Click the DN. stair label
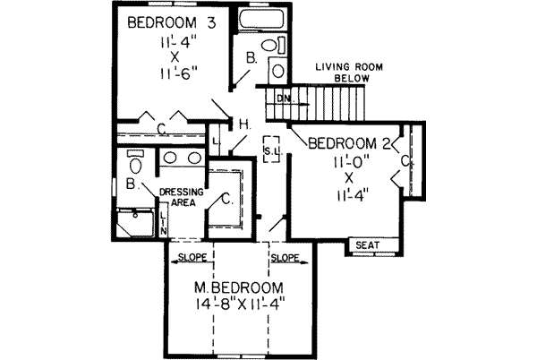click(x=283, y=97)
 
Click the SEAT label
click(x=367, y=244)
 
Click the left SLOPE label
click(x=193, y=257)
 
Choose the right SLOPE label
click(x=285, y=257)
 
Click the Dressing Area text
click(x=182, y=197)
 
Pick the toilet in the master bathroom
click(x=135, y=164)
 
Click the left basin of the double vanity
click(x=172, y=159)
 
